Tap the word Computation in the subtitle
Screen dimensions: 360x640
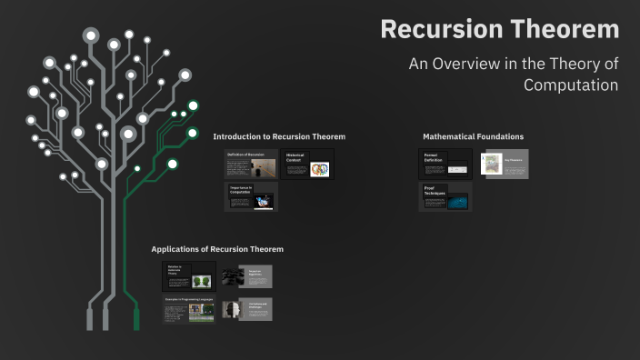point(570,85)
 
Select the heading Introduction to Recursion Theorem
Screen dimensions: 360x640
point(279,136)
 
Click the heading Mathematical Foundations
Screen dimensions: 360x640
point(473,136)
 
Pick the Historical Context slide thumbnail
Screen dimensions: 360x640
point(307,165)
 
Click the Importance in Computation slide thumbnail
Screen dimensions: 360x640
point(252,197)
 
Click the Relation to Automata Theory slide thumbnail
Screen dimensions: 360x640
point(189,276)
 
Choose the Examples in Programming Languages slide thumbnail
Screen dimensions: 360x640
point(189,309)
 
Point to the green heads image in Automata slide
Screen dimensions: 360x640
point(201,281)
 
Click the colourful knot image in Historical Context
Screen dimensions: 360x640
point(319,169)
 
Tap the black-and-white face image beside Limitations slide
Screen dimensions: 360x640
point(230,309)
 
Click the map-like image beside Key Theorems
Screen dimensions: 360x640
point(492,164)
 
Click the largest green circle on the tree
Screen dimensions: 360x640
point(173,164)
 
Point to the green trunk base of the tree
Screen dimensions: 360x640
point(137,317)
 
